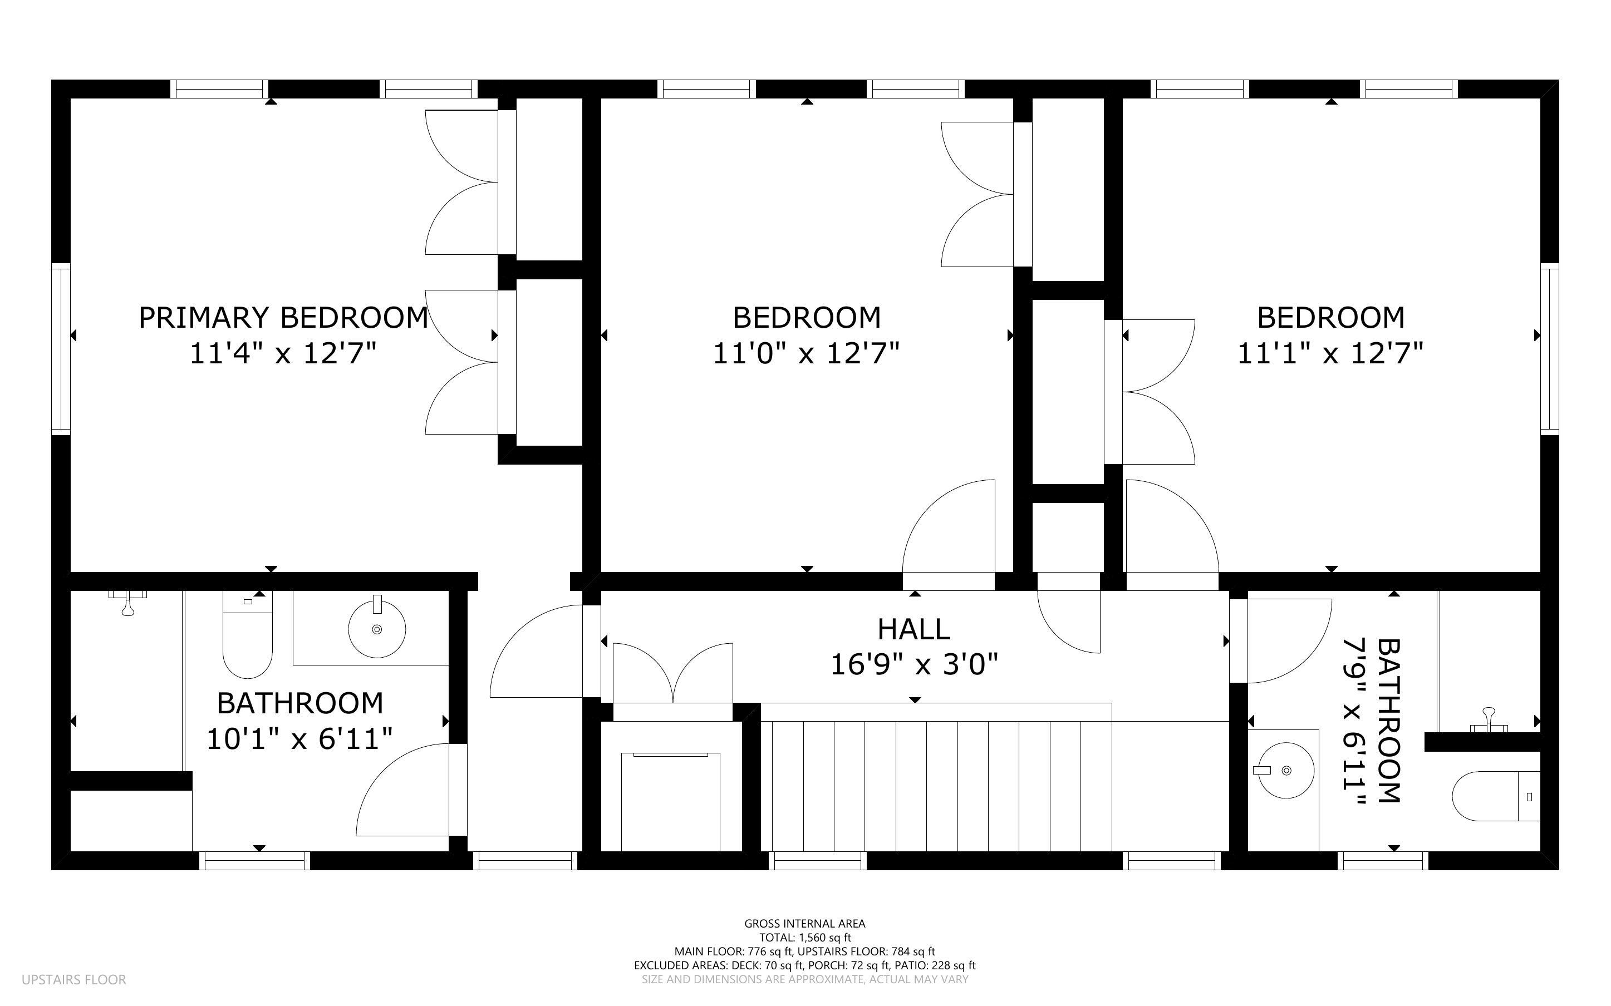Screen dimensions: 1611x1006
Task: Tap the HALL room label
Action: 913,629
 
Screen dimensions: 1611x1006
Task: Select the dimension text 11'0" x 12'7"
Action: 807,353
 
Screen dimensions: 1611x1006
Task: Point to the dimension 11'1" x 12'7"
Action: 1330,353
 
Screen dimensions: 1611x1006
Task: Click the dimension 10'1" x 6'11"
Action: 299,738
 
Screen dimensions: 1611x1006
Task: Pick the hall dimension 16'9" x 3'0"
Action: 914,664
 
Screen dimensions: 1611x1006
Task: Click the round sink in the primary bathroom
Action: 377,628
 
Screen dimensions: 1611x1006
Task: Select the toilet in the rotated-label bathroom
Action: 1496,796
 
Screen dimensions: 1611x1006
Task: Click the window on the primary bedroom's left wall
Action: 61,349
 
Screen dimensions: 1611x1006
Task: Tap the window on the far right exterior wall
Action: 1550,349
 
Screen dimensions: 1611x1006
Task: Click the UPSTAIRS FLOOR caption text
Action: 74,979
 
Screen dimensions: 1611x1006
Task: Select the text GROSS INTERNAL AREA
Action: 804,924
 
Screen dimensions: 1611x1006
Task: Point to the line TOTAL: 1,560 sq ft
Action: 804,938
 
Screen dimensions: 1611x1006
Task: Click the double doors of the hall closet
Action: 673,673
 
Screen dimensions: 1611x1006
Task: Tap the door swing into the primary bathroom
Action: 403,790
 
